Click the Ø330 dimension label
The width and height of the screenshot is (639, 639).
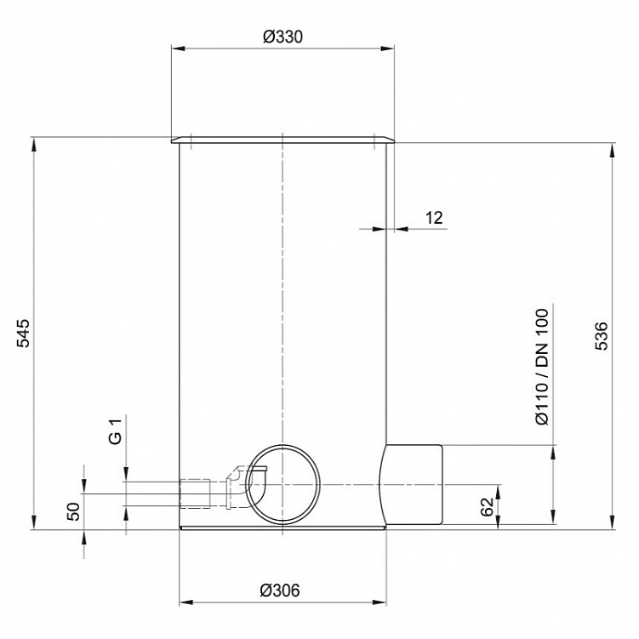tap(282, 37)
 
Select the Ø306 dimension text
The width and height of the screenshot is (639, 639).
tap(280, 591)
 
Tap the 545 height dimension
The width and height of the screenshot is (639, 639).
tap(23, 333)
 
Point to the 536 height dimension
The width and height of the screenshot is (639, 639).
tap(601, 336)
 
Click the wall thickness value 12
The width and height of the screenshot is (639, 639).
tap(434, 218)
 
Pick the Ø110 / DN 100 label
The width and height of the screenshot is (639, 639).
tap(542, 367)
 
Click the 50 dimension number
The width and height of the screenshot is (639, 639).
tap(73, 511)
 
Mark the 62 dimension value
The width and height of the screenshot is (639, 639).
tap(487, 507)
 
